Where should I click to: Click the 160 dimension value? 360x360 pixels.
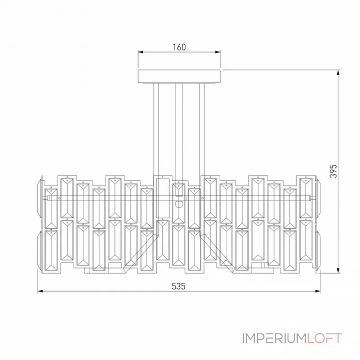(179, 47)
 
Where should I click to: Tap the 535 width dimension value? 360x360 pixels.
(178, 286)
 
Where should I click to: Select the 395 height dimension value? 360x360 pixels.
(333, 171)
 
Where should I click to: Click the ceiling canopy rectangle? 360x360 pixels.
(179, 76)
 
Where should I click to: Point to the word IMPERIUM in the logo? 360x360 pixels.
(274, 338)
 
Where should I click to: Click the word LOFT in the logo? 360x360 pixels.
(324, 338)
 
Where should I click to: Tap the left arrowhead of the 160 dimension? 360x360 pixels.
(140, 52)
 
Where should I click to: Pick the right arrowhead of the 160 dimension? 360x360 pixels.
(218, 52)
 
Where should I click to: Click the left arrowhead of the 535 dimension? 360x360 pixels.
(40, 291)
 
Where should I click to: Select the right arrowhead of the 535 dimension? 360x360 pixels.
(318, 291)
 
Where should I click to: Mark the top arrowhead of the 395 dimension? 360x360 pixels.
(338, 72)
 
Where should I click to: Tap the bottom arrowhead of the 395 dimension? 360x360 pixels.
(338, 270)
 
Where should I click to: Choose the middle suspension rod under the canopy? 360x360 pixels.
(179, 132)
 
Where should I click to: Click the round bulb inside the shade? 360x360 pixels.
(179, 204)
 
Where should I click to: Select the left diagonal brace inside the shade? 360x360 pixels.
(140, 252)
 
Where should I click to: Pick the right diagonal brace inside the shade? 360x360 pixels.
(217, 252)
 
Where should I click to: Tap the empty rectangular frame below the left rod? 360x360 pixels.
(163, 198)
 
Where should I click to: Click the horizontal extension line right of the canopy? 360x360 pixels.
(281, 70)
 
